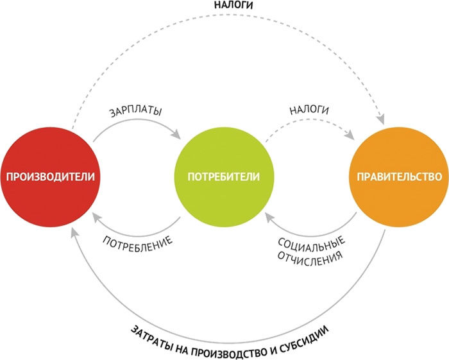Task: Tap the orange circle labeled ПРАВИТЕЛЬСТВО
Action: (395, 154)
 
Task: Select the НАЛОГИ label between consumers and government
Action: (309, 110)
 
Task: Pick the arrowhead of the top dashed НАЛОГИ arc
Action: (382, 118)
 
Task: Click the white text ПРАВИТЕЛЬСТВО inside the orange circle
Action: (395, 176)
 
